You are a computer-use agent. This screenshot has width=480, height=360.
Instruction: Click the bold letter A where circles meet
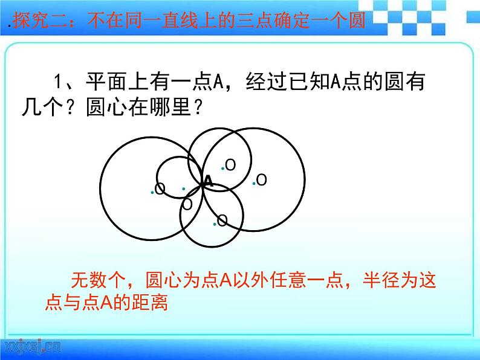pyautogui.click(x=207, y=181)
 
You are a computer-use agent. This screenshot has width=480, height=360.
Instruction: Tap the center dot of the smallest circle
pyautogui.click(x=183, y=188)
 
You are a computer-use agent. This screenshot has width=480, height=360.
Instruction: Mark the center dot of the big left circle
pyautogui.click(x=152, y=192)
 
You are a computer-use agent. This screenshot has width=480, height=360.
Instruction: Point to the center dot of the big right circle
pyautogui.click(x=254, y=182)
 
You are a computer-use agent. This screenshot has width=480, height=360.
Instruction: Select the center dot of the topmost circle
pyautogui.click(x=222, y=168)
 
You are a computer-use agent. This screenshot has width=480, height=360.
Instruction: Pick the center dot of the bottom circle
pyautogui.click(x=215, y=223)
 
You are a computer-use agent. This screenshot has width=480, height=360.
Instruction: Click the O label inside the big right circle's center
pyautogui.click(x=261, y=179)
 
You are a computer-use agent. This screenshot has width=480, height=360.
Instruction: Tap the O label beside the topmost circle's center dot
pyautogui.click(x=230, y=164)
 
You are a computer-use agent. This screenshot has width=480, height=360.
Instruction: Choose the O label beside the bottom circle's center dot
pyautogui.click(x=222, y=220)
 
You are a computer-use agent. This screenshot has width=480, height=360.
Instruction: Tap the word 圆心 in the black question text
pyautogui.click(x=106, y=109)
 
